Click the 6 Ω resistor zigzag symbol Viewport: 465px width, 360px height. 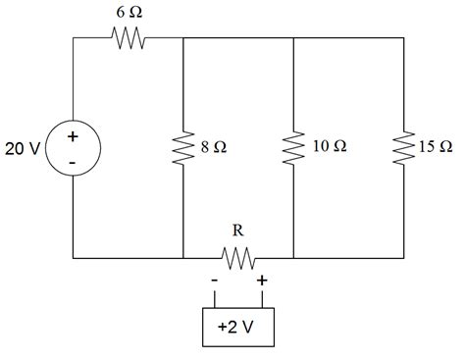[129, 39]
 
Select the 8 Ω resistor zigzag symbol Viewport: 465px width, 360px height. [183, 148]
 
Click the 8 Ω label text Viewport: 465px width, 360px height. [213, 148]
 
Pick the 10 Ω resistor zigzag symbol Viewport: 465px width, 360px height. [293, 148]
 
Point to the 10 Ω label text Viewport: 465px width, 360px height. [329, 148]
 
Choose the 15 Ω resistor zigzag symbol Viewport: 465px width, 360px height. [403, 148]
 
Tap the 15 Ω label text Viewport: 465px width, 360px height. [436, 148]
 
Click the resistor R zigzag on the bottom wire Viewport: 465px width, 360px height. [238, 259]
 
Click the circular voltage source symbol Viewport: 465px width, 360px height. [74, 149]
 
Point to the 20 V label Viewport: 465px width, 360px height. [21, 149]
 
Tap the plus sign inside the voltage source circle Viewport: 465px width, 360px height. [74, 137]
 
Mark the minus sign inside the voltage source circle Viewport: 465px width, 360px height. [74, 162]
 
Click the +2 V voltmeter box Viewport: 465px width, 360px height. [238, 327]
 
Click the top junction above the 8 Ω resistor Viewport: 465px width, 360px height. [183, 39]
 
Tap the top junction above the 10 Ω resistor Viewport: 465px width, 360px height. [293, 39]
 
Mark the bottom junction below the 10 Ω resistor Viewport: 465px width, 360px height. [293, 259]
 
